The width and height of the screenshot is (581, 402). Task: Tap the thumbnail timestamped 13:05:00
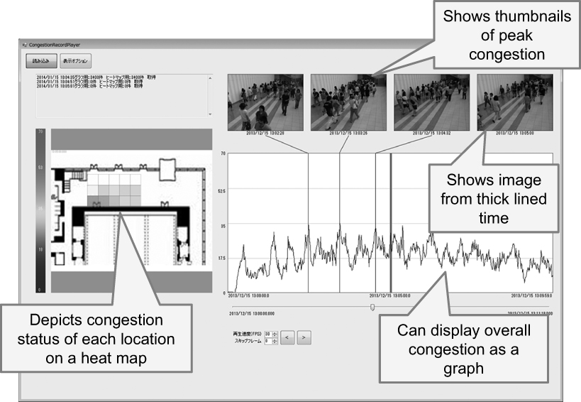[x=506, y=102]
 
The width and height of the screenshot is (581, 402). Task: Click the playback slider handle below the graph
[x=372, y=307]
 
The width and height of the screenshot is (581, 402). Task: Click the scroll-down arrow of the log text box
[x=209, y=114]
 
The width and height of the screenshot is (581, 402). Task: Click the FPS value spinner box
[x=268, y=333]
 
